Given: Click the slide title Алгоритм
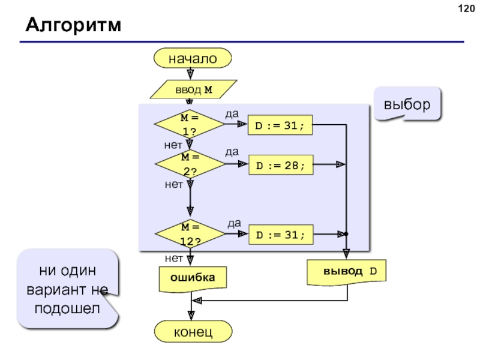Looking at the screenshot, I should (73, 26).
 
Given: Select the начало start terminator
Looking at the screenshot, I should (192, 59).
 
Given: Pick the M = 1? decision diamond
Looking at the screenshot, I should (190, 124).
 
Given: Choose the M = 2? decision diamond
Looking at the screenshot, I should (190, 164).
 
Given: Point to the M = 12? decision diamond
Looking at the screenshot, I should (190, 234).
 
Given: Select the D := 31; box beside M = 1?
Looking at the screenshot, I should (281, 125).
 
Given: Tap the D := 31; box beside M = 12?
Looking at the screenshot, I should (281, 234).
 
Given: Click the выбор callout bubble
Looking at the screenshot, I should (407, 104).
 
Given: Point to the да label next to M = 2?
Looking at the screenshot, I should (232, 152).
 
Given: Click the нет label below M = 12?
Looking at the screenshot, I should (173, 258).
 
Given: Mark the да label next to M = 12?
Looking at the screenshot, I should (234, 223).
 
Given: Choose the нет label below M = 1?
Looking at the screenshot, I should (173, 145).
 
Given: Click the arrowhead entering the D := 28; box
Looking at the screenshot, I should (244, 164).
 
